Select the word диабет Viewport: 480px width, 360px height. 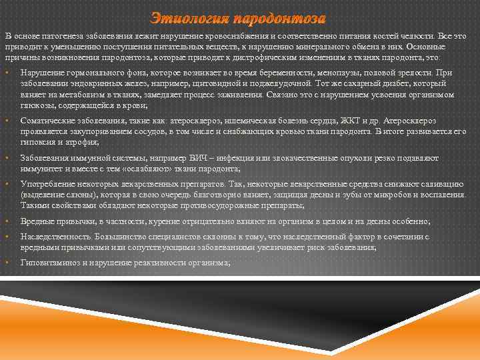pyautogui.click(x=377, y=83)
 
